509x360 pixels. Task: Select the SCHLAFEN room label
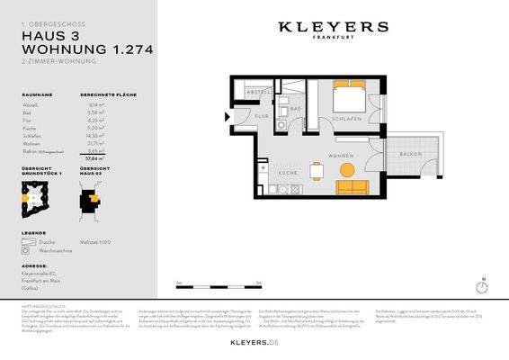[345, 118]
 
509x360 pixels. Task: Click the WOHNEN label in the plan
[341, 157]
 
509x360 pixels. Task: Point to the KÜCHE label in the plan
[287, 172]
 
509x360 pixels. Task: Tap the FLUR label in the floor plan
[262, 117]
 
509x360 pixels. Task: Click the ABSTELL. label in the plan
[259, 92]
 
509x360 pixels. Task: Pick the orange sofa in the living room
[351, 187]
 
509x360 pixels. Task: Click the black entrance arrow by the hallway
[226, 114]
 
